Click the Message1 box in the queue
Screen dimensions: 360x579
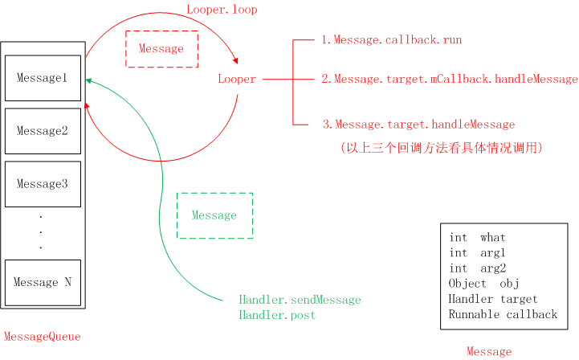click(x=43, y=78)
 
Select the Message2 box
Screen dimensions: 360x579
click(x=43, y=131)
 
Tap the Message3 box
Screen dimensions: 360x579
click(x=43, y=184)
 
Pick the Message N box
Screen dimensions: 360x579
click(x=43, y=282)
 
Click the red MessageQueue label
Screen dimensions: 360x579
click(x=43, y=337)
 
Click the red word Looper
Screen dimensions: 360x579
click(x=237, y=80)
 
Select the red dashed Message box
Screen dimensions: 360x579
click(x=161, y=49)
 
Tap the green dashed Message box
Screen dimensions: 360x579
click(x=214, y=215)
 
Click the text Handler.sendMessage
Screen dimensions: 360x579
click(x=300, y=300)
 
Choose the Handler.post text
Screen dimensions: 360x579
click(x=277, y=315)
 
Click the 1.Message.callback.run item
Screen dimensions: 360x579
click(x=391, y=39)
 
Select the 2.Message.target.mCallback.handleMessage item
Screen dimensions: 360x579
click(x=449, y=80)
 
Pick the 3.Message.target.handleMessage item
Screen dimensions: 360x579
click(x=418, y=125)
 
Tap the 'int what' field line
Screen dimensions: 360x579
click(x=478, y=238)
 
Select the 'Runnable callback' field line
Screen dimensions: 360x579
click(x=503, y=314)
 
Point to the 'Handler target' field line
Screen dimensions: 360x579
click(x=493, y=299)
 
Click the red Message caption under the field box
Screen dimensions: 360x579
click(x=489, y=352)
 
